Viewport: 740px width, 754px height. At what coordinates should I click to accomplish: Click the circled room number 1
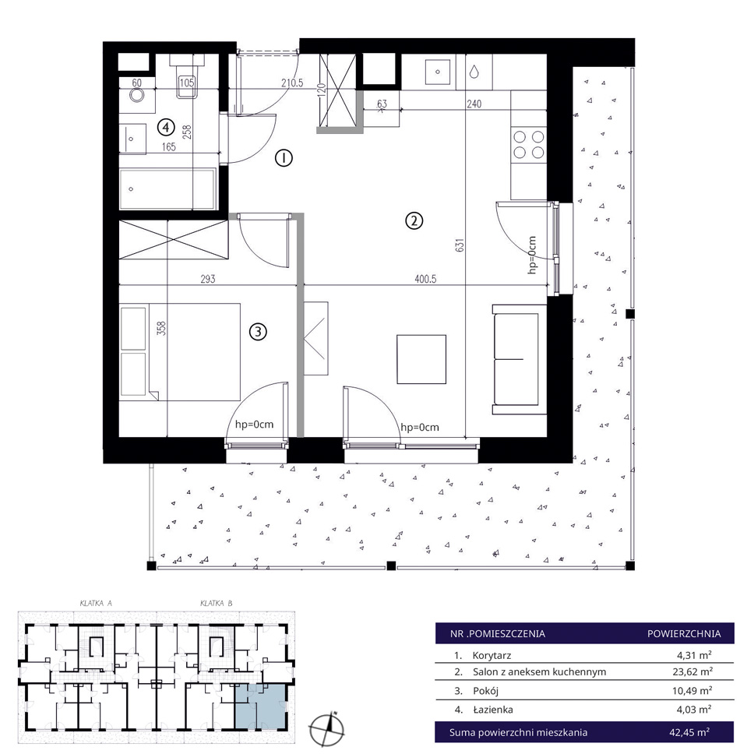[284, 157]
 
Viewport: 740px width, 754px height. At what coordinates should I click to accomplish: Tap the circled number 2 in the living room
[414, 220]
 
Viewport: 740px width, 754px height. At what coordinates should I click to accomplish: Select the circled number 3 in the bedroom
[258, 331]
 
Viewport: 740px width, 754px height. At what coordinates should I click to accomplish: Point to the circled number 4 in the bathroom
[166, 128]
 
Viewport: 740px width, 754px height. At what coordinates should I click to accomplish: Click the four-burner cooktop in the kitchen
[528, 145]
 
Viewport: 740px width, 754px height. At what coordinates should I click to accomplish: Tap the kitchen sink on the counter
[438, 72]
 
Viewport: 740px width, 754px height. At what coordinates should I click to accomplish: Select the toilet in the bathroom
[187, 79]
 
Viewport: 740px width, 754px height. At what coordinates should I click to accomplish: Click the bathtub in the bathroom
[167, 189]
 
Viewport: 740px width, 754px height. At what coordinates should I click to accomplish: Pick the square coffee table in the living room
[421, 359]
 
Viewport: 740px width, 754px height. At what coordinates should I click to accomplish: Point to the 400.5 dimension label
[425, 278]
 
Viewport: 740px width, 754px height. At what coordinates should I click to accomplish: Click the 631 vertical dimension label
[460, 245]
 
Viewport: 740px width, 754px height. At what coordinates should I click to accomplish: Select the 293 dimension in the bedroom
[208, 278]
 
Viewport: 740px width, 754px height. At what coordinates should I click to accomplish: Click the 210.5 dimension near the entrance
[292, 83]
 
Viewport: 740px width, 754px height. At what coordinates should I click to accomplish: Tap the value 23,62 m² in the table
[692, 671]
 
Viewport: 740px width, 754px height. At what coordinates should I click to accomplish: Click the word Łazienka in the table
[493, 710]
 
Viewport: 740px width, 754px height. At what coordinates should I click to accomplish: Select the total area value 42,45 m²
[689, 732]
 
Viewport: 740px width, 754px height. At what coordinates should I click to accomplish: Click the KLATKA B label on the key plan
[217, 603]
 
